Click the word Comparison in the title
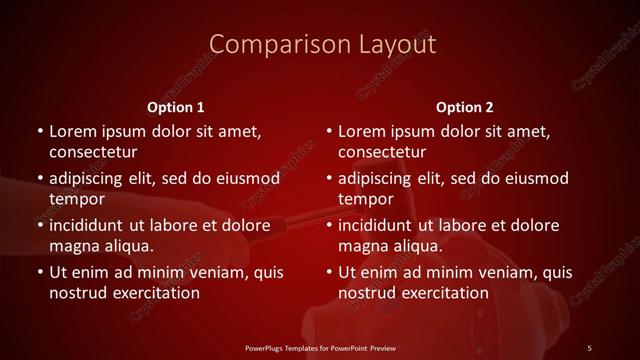coord(266,44)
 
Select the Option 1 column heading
coord(176,106)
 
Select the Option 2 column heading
coord(465,106)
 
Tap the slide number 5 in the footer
coord(589,347)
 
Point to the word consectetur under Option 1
coord(93,152)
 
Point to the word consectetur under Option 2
coord(383,152)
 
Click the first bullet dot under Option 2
coord(329,132)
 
